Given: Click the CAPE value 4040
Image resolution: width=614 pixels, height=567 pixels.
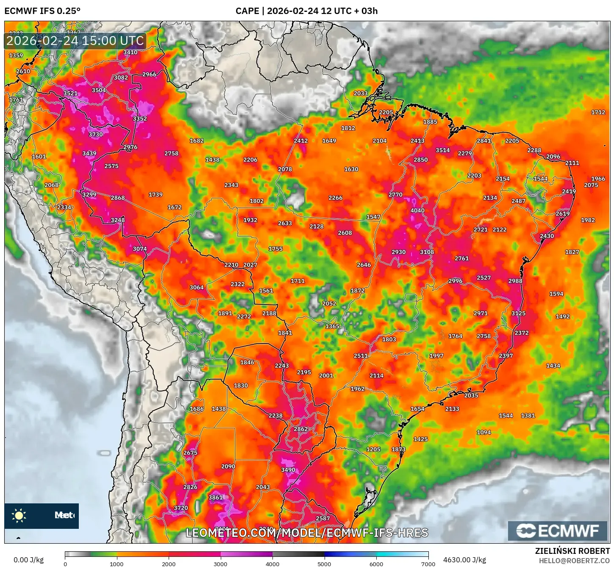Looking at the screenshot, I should pyautogui.click(x=417, y=211).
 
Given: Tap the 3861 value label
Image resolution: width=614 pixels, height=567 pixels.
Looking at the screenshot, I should pyautogui.click(x=216, y=497).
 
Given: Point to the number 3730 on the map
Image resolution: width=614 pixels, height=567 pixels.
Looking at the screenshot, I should pyautogui.click(x=96, y=134).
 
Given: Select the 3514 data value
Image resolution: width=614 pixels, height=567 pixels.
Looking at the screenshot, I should pyautogui.click(x=443, y=150).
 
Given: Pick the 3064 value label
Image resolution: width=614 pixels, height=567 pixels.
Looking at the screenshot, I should pyautogui.click(x=197, y=288).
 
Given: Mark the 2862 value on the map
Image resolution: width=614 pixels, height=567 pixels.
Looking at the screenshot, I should pyautogui.click(x=301, y=429).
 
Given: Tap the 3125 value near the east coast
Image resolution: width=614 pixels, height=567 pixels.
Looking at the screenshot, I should pyautogui.click(x=518, y=313).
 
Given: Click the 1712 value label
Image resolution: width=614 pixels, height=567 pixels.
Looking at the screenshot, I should pyautogui.click(x=598, y=112).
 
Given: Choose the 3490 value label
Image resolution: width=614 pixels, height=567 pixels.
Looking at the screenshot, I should pyautogui.click(x=288, y=470).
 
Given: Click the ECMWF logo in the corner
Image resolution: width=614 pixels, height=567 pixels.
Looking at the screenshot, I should pyautogui.click(x=558, y=531).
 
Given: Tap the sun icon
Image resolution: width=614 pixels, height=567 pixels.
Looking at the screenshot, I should pyautogui.click(x=19, y=516).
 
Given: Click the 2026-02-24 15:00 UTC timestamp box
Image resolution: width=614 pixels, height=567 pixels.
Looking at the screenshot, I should pyautogui.click(x=75, y=41).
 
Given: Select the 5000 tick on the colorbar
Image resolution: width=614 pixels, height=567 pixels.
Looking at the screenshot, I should pyautogui.click(x=324, y=564).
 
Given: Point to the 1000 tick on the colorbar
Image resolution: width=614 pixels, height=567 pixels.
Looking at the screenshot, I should pyautogui.click(x=117, y=564).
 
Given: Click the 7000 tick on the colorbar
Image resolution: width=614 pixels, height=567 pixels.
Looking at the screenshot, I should pyautogui.click(x=428, y=564).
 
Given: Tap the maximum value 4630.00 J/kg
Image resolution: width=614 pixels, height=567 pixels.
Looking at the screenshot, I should pyautogui.click(x=464, y=560).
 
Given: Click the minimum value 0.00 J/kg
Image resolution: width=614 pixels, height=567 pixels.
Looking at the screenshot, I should pyautogui.click(x=28, y=560).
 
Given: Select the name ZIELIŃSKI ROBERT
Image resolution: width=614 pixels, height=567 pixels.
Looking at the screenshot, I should pyautogui.click(x=572, y=551).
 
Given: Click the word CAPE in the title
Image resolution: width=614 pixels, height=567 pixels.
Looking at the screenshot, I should pyautogui.click(x=247, y=11).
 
